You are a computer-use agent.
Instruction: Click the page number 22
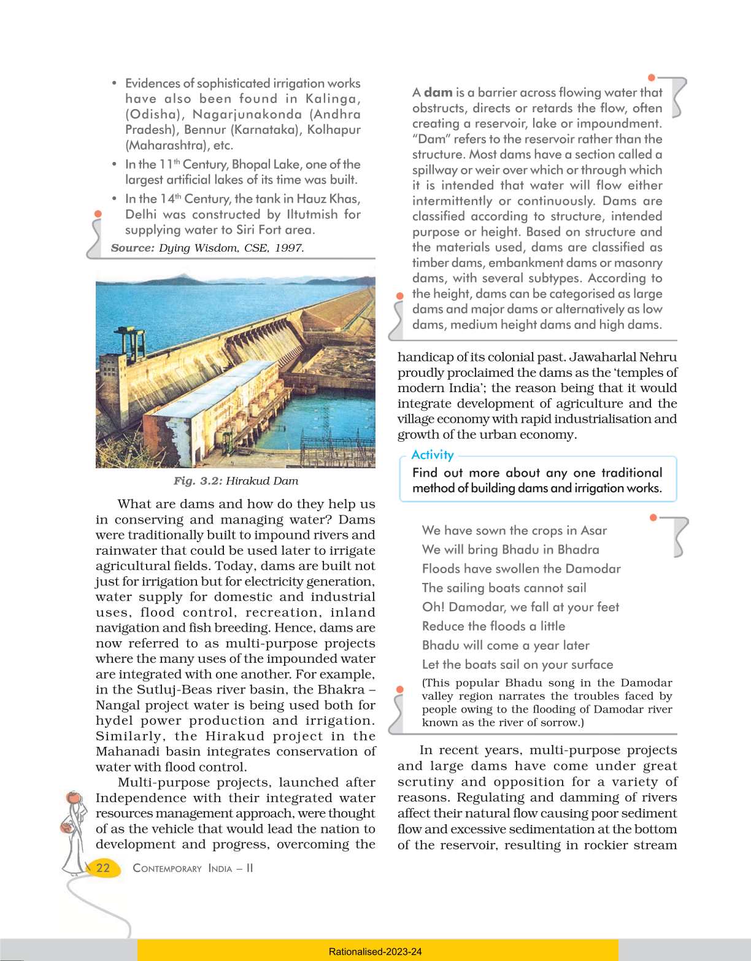(103, 868)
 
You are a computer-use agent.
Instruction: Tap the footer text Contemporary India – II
(193, 868)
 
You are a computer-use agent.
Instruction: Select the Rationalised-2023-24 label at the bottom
(375, 952)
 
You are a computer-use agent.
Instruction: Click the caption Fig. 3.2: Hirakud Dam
(236, 481)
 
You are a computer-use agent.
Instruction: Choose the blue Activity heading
(433, 455)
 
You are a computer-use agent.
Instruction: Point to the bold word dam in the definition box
(438, 93)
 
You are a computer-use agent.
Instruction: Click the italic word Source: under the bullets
(133, 248)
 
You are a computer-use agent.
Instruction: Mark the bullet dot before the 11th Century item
(115, 164)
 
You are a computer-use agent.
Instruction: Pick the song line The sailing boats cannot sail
(504, 588)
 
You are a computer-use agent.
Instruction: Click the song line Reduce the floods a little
(493, 626)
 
